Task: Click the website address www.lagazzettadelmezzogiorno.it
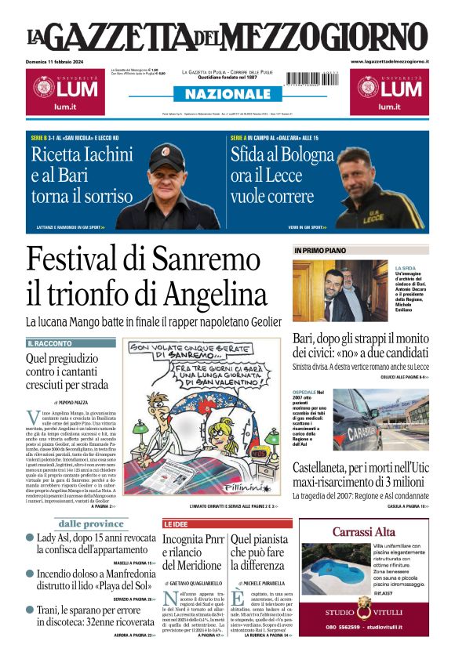[x=389, y=61]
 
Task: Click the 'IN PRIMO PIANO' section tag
[x=321, y=251]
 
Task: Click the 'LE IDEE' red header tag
[x=175, y=523]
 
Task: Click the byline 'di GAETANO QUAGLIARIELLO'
[x=192, y=584]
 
